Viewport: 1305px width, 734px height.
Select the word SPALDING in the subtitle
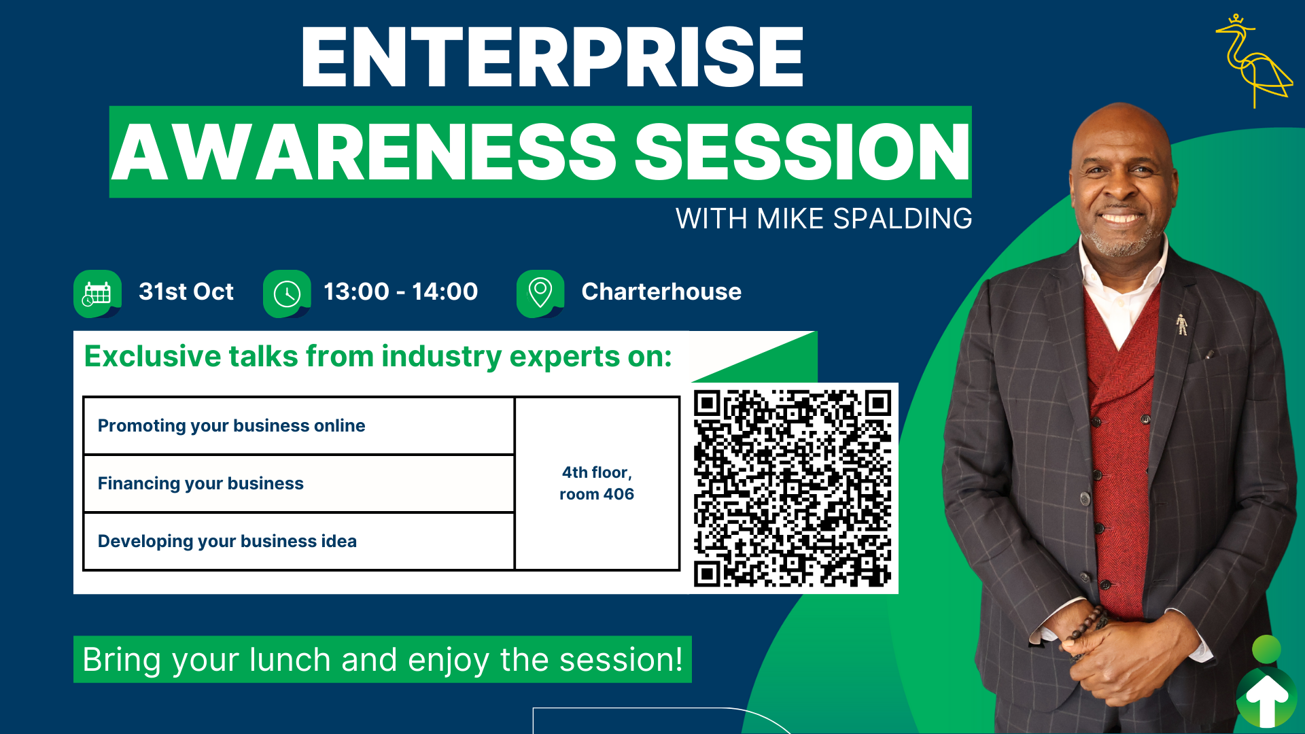tap(903, 219)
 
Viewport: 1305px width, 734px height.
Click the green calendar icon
tap(97, 294)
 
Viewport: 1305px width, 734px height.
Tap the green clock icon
tap(287, 294)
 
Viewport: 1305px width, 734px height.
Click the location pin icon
tap(540, 294)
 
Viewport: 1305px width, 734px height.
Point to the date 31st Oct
tap(186, 292)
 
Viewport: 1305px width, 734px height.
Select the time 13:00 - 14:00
tap(401, 292)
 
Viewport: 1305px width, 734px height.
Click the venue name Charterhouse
tap(661, 292)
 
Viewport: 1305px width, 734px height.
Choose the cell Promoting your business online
tap(298, 426)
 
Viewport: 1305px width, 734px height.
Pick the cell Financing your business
tap(298, 484)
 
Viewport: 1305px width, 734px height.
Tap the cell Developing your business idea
tap(298, 542)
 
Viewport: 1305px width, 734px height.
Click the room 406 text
tap(597, 494)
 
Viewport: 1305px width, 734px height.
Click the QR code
tap(793, 488)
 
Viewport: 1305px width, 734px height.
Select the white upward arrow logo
tap(1267, 699)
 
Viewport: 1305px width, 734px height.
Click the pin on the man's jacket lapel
tap(1182, 325)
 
